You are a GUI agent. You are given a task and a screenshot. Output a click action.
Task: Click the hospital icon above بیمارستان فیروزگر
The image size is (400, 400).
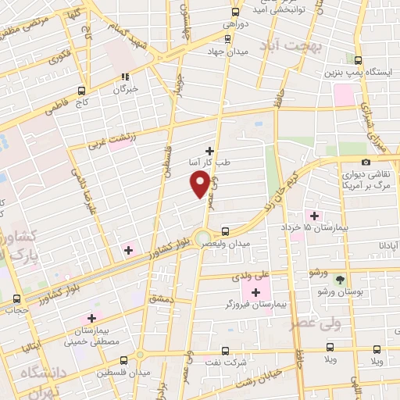(x=255, y=291)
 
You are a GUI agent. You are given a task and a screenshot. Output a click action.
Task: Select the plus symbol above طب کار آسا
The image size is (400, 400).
(x=209, y=151)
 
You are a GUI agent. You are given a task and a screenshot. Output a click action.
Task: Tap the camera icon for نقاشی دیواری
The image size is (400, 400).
(x=366, y=162)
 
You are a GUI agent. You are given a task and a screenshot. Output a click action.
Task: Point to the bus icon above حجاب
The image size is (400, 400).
(x=17, y=298)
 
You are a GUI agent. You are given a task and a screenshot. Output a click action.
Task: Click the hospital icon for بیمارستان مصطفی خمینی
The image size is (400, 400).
(x=91, y=318)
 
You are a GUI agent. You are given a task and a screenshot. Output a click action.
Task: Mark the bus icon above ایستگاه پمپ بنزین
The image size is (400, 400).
(x=358, y=60)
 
